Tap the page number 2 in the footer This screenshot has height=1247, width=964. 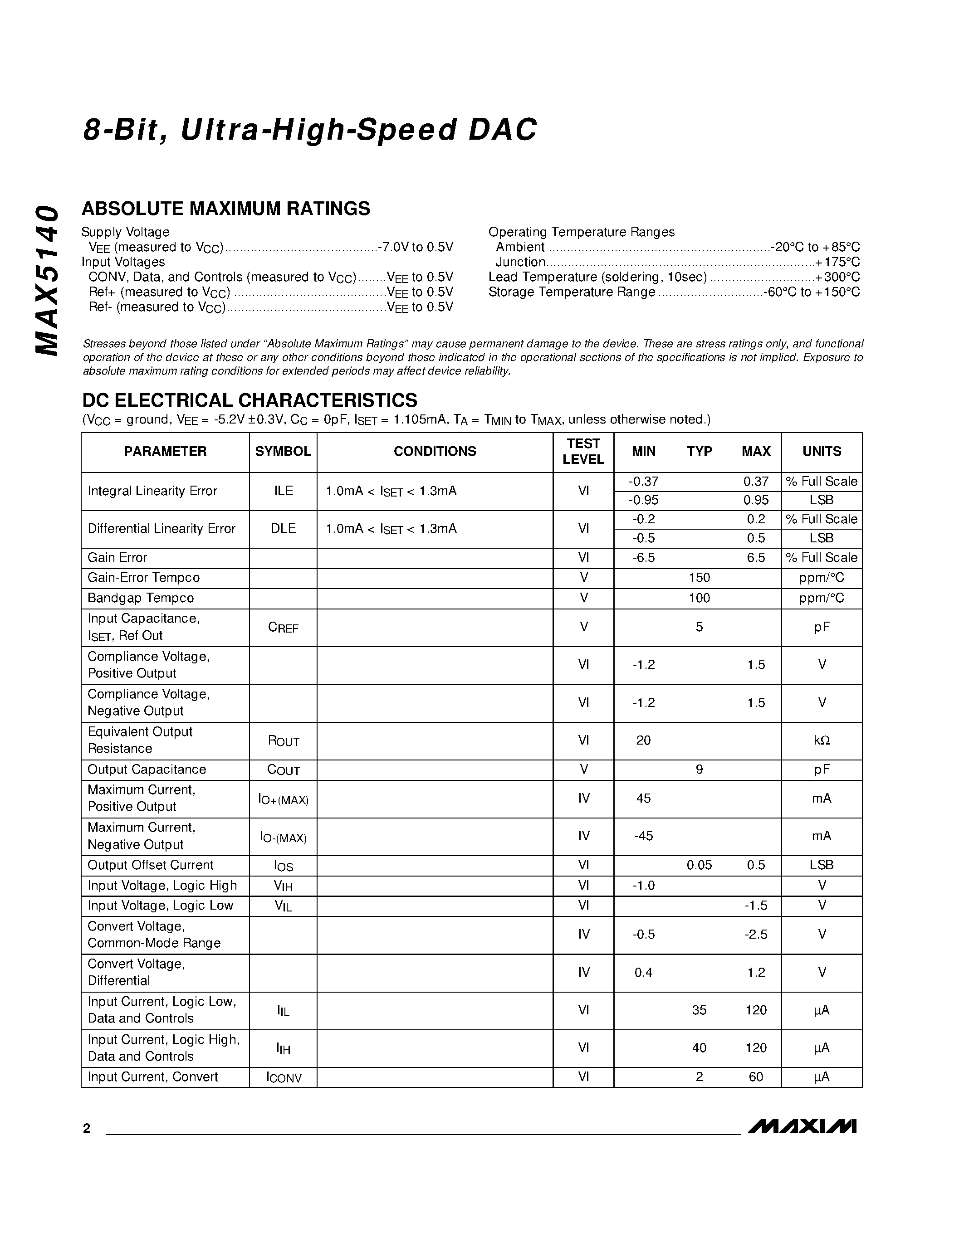(x=87, y=1128)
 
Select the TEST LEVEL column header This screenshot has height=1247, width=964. (x=583, y=452)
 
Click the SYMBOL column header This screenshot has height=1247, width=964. (x=283, y=451)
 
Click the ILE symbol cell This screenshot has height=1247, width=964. (x=283, y=491)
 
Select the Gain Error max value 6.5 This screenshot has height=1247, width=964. (x=756, y=558)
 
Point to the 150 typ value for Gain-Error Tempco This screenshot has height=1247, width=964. (x=699, y=578)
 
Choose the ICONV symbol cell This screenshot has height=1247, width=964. (x=283, y=1077)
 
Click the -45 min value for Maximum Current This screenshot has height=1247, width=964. (x=643, y=836)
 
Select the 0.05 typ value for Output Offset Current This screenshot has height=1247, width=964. (x=699, y=865)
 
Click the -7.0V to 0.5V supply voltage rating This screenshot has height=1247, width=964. (x=415, y=247)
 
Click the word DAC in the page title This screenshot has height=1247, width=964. (x=503, y=130)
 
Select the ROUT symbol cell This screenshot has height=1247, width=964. (x=283, y=741)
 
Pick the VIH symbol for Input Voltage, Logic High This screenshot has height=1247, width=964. (x=283, y=886)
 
